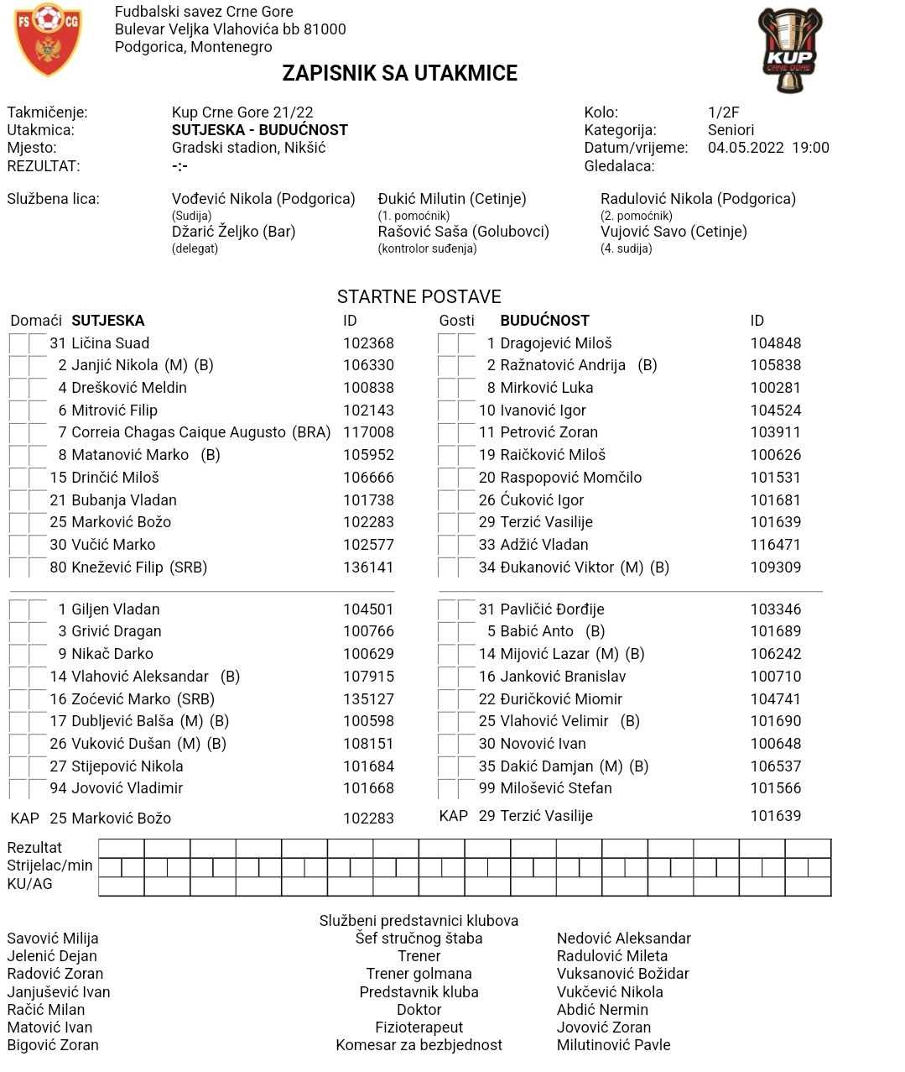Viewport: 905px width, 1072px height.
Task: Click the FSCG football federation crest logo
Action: pyautogui.click(x=48, y=39)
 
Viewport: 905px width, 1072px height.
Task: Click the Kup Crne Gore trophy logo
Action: pyautogui.click(x=789, y=50)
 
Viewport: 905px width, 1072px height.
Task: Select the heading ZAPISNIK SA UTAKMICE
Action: pyautogui.click(x=399, y=74)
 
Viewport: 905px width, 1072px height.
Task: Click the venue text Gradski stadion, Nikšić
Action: pyautogui.click(x=248, y=148)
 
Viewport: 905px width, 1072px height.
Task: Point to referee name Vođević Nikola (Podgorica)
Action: pyautogui.click(x=263, y=199)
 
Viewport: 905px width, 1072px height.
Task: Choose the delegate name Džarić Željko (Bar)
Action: pyautogui.click(x=233, y=232)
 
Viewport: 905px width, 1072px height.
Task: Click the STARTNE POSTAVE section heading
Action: pyautogui.click(x=419, y=296)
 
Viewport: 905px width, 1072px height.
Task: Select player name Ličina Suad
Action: pyautogui.click(x=110, y=343)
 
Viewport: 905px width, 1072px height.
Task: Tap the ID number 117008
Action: pyautogui.click(x=368, y=432)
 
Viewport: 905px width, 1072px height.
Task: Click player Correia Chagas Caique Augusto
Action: pyautogui.click(x=179, y=432)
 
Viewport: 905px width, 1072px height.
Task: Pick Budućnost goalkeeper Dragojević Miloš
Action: pyautogui.click(x=555, y=343)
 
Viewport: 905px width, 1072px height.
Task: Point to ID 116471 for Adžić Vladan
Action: pyautogui.click(x=775, y=545)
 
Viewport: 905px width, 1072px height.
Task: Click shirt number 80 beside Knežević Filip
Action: pyautogui.click(x=58, y=567)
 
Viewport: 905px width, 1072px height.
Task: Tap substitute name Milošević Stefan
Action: pyautogui.click(x=555, y=788)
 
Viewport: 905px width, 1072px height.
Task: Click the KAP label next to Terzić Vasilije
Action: pyautogui.click(x=453, y=816)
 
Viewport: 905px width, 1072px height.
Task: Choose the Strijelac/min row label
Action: pyautogui.click(x=49, y=865)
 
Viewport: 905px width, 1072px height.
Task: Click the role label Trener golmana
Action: pyautogui.click(x=419, y=974)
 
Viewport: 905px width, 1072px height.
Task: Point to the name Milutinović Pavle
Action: pyautogui.click(x=613, y=1045)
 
